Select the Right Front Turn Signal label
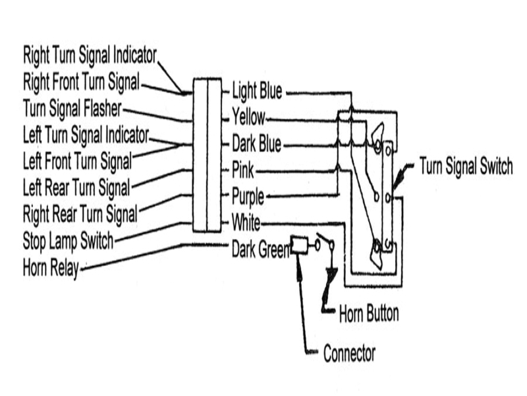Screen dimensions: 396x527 [82, 83]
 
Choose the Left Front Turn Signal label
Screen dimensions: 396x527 [77, 160]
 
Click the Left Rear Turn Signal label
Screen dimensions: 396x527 [76, 187]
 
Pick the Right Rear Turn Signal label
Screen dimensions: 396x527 [80, 213]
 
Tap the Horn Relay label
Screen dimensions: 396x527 [50, 269]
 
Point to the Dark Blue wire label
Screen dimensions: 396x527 [257, 143]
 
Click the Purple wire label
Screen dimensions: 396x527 [248, 196]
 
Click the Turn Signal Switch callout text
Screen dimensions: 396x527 [466, 166]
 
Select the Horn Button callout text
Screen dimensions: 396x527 [369, 312]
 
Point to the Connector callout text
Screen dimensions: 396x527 [349, 353]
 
